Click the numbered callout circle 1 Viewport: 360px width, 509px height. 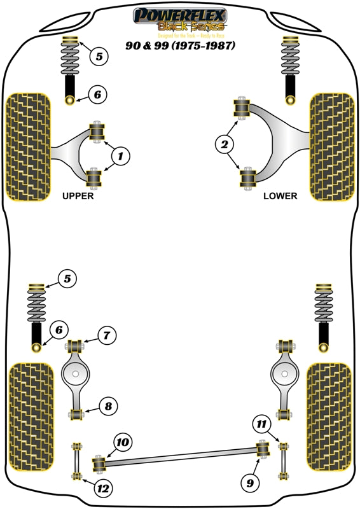(x=121, y=155)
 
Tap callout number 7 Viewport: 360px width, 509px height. (x=107, y=335)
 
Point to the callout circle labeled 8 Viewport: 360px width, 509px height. (x=107, y=405)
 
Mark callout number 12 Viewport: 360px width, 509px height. (x=101, y=489)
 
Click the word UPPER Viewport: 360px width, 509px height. (x=78, y=197)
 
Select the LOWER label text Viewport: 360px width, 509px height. (x=280, y=197)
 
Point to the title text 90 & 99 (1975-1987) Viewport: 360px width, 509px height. (x=180, y=46)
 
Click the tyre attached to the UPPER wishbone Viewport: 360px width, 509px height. (x=27, y=146)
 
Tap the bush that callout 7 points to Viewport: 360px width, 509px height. (x=76, y=347)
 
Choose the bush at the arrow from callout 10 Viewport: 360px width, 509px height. (x=99, y=463)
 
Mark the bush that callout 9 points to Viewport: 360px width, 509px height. (x=261, y=450)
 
